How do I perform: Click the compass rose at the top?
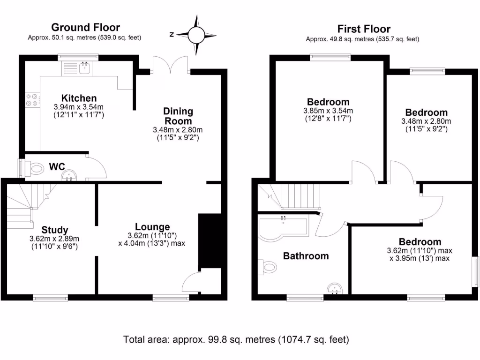tap(196, 35)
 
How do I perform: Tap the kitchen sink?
tap(85, 69)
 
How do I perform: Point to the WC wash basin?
tap(70, 176)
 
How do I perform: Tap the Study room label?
tap(54, 230)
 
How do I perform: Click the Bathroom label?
tap(306, 256)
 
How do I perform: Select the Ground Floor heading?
tap(85, 27)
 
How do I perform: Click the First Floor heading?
tap(364, 29)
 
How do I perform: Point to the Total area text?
tap(236, 339)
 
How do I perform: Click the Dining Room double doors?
tap(170, 66)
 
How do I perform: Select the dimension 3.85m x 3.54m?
tap(328, 111)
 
